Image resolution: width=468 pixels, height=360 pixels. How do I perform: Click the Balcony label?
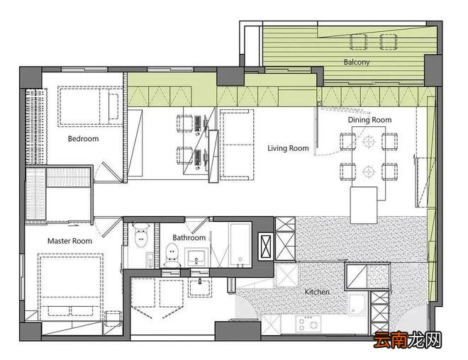[357, 62]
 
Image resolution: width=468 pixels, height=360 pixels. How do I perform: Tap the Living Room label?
[288, 148]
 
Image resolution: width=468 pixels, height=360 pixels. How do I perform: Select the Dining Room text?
[370, 120]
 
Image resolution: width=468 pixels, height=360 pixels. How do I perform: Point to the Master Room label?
[69, 241]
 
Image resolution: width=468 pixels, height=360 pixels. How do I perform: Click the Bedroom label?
[83, 139]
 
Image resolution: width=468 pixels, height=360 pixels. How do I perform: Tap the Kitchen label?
[317, 292]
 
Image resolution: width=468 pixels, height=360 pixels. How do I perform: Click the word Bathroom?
[189, 237]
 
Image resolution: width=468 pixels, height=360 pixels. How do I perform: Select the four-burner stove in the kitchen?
[308, 324]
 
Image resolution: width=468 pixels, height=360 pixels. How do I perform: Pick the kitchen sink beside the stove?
[357, 304]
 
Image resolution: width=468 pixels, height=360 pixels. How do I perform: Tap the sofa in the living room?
[237, 145]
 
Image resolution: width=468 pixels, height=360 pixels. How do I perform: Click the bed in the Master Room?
[70, 286]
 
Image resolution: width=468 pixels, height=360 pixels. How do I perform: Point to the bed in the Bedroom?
[90, 106]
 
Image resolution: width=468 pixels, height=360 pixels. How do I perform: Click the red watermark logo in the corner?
[408, 340]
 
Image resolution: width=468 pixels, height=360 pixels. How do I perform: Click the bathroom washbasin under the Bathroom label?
[196, 257]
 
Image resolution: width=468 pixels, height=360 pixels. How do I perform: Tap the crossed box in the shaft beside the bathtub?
[266, 247]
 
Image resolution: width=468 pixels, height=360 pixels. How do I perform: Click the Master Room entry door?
[108, 227]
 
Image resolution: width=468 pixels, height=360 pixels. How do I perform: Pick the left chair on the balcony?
[359, 42]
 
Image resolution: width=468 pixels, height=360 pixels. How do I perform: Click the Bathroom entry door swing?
[198, 225]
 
